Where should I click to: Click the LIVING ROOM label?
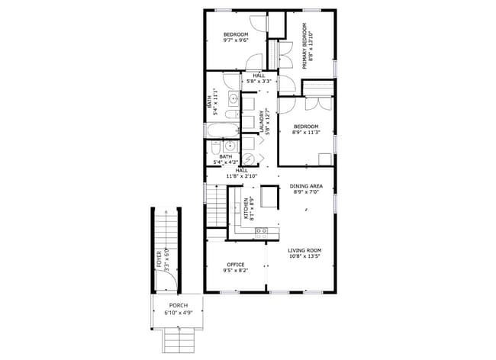[304, 250]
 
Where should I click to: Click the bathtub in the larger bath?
[215, 130]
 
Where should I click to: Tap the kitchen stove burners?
[262, 230]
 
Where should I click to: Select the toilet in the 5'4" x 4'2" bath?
[217, 146]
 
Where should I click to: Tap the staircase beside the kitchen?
[217, 204]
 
